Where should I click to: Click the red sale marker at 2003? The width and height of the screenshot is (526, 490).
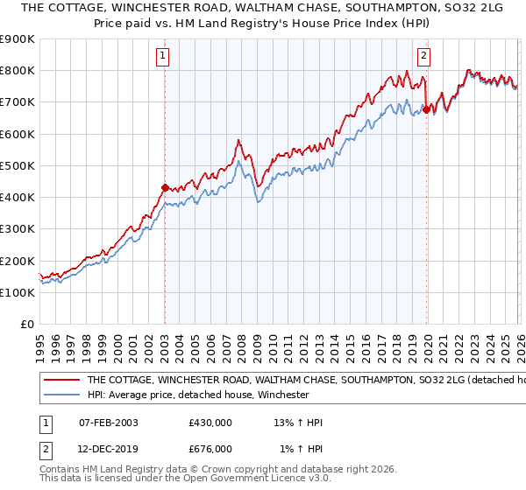pyautogui.click(x=165, y=187)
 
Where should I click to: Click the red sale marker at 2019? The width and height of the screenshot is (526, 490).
pyautogui.click(x=427, y=109)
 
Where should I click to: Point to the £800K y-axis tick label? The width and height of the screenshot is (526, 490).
pyautogui.click(x=17, y=71)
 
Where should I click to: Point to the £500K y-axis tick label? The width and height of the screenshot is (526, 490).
pyautogui.click(x=17, y=165)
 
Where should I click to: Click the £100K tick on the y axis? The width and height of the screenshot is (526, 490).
pyautogui.click(x=17, y=292)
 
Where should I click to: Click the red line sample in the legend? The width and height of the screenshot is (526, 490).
pyautogui.click(x=61, y=381)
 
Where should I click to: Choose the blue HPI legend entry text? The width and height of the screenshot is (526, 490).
pyautogui.click(x=198, y=395)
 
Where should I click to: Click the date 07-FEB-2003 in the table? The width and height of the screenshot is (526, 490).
pyautogui.click(x=109, y=423)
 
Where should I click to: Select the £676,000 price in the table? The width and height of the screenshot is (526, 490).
pyautogui.click(x=210, y=449)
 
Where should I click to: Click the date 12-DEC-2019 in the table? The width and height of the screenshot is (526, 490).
pyautogui.click(x=109, y=449)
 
